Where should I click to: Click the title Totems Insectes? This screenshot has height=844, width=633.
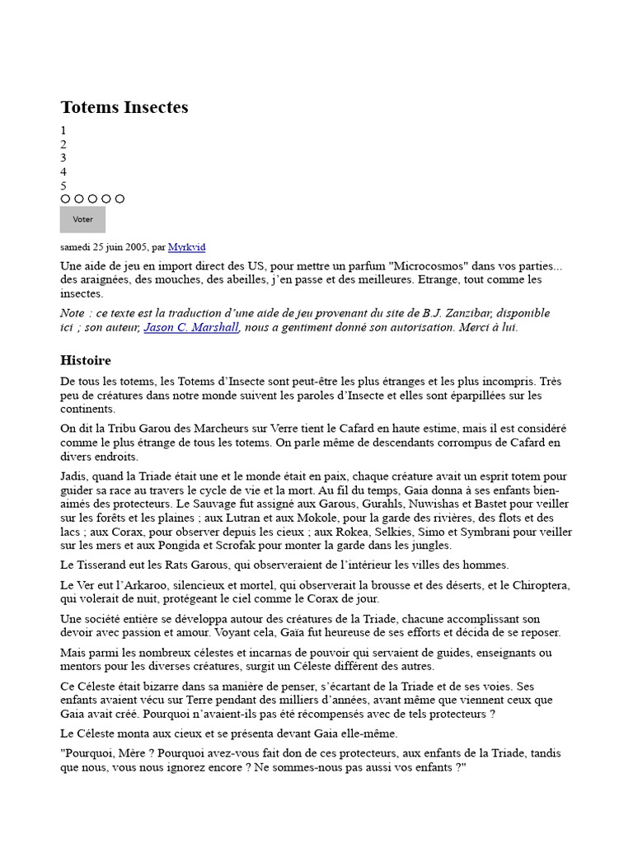(x=124, y=107)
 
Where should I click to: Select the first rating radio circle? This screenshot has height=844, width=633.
(x=66, y=199)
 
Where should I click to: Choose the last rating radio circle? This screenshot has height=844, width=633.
(x=120, y=199)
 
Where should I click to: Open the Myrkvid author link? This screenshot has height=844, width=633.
(x=187, y=246)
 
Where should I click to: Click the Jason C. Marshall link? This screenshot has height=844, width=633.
(x=191, y=327)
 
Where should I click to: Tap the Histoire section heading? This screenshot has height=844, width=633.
(x=86, y=360)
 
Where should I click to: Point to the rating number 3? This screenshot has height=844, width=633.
(x=63, y=157)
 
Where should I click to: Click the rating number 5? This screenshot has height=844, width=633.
(x=63, y=185)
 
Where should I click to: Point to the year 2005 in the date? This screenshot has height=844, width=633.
(x=136, y=246)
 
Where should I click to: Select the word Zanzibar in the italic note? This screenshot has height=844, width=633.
(x=455, y=313)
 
